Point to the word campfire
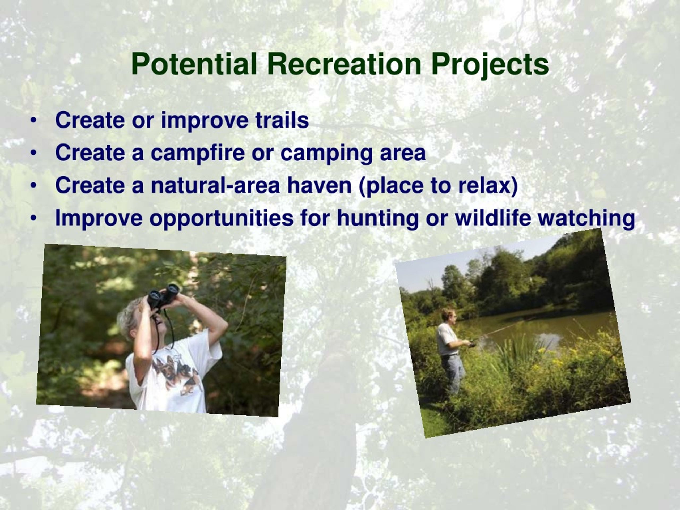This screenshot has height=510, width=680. click(198, 153)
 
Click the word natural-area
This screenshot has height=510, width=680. click(215, 185)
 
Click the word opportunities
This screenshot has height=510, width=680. click(221, 219)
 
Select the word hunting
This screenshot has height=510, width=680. click(378, 219)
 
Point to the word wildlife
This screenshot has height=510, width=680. click(493, 218)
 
